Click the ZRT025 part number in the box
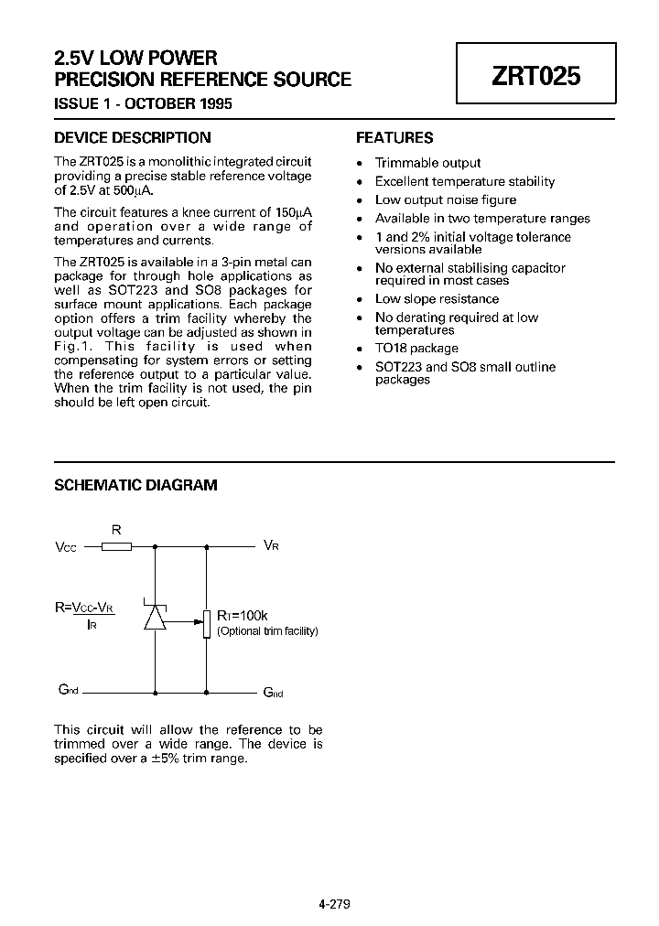point(536,76)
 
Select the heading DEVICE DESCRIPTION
point(133,138)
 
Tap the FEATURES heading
point(394,138)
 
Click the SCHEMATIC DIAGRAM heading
point(135,485)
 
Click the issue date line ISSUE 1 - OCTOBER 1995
point(143,103)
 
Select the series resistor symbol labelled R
point(116,546)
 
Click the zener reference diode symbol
point(155,617)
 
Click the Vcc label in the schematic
point(66,547)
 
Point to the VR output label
point(271,545)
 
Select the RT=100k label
point(242,616)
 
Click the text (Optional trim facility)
point(267,631)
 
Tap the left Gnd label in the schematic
point(66,690)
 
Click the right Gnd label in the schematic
point(273,692)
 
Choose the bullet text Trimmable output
point(427,163)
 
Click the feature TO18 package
point(416,349)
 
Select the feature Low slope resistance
point(437,299)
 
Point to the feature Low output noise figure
point(445,199)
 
